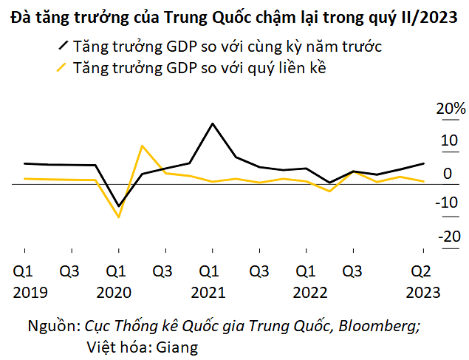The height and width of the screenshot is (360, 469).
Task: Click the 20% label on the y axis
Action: pos(450,109)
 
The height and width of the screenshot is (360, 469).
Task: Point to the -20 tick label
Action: pos(451,237)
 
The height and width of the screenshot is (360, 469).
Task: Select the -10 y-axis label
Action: pos(451,204)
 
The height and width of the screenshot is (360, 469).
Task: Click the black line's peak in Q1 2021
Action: pos(213,123)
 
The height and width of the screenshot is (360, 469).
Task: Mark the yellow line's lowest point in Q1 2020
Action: pos(118,217)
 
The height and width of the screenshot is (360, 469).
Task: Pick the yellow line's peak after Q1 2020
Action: pos(142,146)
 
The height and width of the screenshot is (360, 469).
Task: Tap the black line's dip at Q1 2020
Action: pos(118,206)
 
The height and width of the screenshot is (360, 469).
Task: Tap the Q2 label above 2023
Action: pos(422,271)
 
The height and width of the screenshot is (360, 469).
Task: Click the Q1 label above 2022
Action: pos(304,271)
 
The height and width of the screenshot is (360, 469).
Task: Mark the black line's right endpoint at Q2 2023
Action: pos(423,163)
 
